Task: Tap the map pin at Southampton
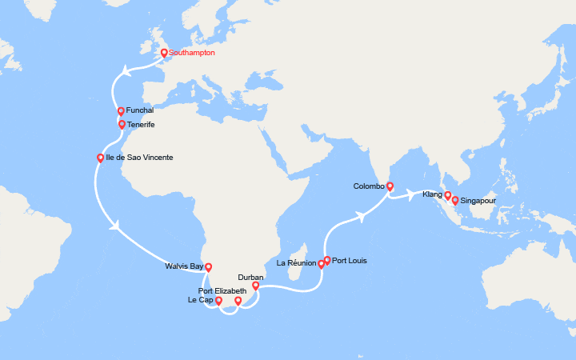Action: pos(164,54)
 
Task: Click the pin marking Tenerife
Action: pos(122,124)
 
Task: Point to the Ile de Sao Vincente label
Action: pos(139,158)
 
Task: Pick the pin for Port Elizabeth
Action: pos(238,301)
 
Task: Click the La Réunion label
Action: pos(295,263)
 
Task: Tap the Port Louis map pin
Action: pos(327,260)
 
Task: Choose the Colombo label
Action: pos(369,186)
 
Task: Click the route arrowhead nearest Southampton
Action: pos(126,74)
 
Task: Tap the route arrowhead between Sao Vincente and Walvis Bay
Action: pos(117,225)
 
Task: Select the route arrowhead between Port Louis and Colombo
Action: pos(362,214)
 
